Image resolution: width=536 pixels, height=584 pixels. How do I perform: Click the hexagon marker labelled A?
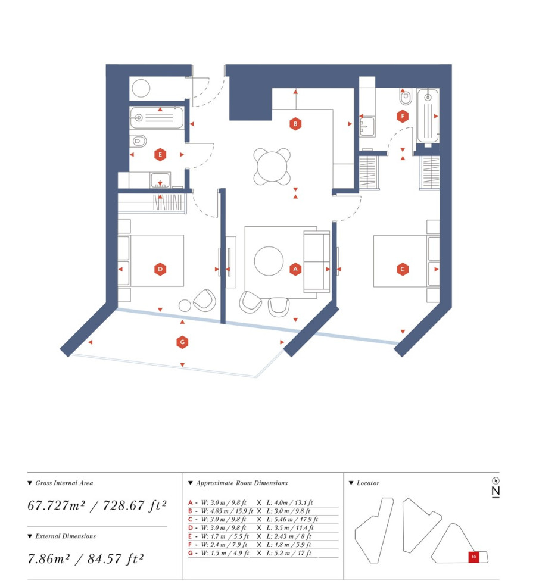click(x=295, y=269)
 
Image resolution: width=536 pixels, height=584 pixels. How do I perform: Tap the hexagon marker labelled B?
click(x=295, y=124)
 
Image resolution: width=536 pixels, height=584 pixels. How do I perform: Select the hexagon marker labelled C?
click(x=402, y=269)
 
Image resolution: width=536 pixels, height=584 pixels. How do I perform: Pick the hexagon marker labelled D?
click(x=160, y=269)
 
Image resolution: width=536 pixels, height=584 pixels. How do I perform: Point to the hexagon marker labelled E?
click(x=160, y=154)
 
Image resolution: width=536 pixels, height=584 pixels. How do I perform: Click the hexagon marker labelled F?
click(x=402, y=116)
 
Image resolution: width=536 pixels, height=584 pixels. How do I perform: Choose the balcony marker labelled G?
click(x=182, y=342)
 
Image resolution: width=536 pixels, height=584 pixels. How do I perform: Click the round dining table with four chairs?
click(x=272, y=167)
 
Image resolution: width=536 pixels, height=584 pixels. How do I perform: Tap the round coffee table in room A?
click(x=269, y=261)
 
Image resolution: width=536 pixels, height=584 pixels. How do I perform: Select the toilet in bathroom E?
click(x=139, y=140)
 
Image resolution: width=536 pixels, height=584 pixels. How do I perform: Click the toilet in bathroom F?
click(x=405, y=97)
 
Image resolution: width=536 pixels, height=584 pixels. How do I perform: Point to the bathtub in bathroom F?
click(x=428, y=116)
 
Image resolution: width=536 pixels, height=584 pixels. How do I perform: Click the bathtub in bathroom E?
click(x=157, y=118)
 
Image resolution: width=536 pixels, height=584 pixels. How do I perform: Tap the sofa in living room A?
click(x=317, y=261)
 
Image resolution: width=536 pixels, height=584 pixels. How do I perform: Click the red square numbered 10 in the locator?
click(x=473, y=557)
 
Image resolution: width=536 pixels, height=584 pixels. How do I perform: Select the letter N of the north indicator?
click(x=496, y=492)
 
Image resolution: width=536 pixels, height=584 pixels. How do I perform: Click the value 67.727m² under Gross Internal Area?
click(x=56, y=505)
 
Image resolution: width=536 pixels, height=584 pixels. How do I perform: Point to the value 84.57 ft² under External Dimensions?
click(x=116, y=558)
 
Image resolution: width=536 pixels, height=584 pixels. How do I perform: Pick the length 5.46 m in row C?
click(x=283, y=519)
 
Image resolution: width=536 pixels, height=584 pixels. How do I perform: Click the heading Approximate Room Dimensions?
click(x=242, y=483)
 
